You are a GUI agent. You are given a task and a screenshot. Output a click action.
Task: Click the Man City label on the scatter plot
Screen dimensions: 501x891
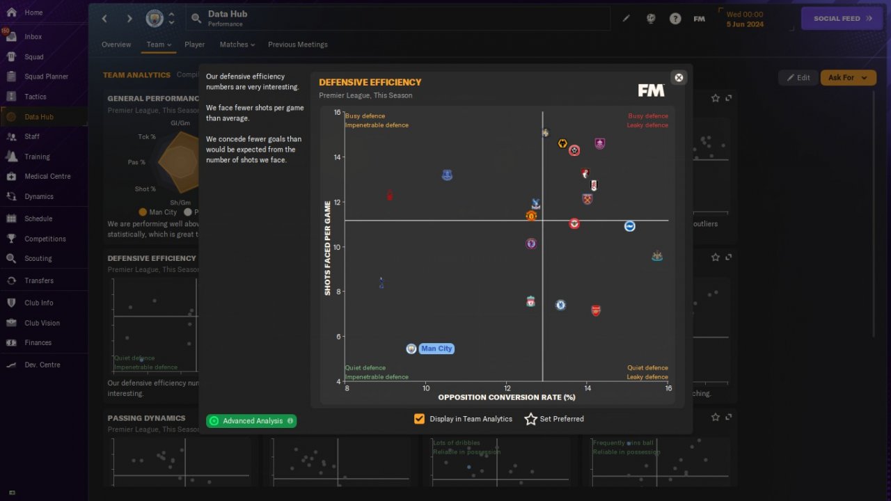436,349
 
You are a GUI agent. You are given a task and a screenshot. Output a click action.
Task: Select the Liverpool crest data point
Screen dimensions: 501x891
530,301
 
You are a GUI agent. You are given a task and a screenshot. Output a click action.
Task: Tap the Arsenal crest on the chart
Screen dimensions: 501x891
596,310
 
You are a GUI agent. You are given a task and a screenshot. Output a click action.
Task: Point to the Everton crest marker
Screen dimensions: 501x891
447,175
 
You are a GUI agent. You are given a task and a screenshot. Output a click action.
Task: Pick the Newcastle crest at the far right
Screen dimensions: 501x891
656,256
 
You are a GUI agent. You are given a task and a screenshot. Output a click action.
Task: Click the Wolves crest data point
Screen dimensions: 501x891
562,143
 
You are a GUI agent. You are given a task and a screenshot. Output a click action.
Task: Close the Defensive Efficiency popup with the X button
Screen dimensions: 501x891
679,77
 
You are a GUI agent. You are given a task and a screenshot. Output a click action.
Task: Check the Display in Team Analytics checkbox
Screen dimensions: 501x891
419,419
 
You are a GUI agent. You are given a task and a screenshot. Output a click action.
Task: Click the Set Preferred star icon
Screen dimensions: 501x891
531,419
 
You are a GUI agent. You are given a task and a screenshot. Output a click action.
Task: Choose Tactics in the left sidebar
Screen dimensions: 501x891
35,97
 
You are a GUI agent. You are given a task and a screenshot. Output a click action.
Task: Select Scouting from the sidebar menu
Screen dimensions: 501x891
38,258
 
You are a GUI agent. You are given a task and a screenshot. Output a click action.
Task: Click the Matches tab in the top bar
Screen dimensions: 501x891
234,45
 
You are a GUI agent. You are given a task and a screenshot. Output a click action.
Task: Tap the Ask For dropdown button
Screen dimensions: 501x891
847,78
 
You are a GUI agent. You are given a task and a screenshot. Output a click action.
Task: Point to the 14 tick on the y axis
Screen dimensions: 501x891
337,157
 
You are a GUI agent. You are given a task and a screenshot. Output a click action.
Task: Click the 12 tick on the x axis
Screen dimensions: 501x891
507,388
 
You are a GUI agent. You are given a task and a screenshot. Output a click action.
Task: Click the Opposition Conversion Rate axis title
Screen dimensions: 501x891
506,397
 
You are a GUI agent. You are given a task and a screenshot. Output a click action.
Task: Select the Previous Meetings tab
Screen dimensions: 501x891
297,45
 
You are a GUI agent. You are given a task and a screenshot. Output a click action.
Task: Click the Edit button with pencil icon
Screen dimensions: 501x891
798,78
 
